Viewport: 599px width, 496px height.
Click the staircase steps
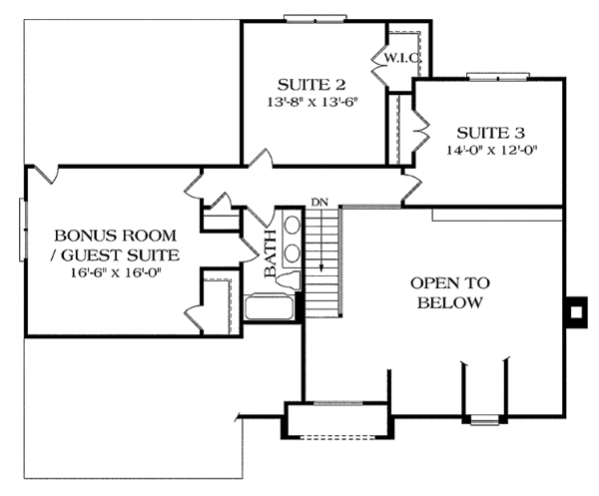pyautogui.click(x=320, y=259)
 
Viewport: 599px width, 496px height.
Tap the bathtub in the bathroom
pyautogui.click(x=270, y=306)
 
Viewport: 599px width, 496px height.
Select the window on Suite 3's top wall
pyautogui.click(x=489, y=76)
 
